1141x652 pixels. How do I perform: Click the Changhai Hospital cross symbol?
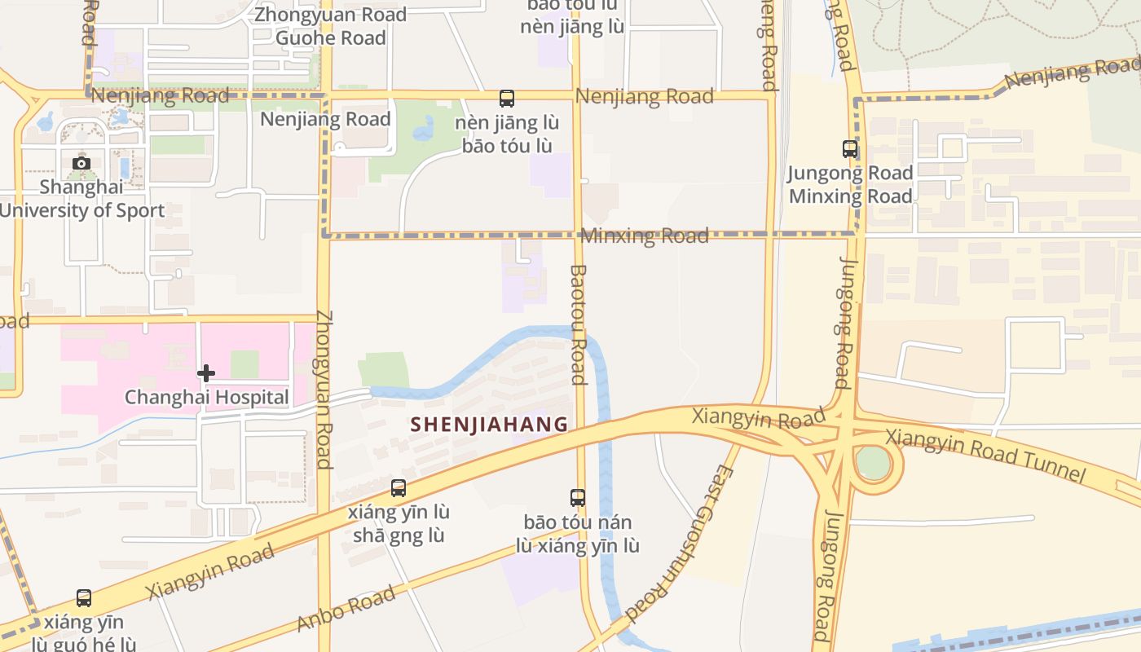coord(206,373)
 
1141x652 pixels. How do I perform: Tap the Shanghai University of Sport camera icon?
coord(81,163)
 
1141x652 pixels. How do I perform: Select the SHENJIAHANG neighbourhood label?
coord(489,425)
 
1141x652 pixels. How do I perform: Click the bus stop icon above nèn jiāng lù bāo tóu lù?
coord(507,99)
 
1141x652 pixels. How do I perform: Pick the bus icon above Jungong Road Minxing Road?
coord(850,149)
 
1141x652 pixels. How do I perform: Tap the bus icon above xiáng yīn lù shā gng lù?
coord(399,488)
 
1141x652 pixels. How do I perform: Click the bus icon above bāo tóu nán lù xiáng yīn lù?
coord(578,497)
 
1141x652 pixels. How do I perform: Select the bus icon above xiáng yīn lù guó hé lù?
coord(84,598)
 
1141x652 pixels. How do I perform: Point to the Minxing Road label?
coord(645,236)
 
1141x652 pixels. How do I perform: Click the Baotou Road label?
coord(578,324)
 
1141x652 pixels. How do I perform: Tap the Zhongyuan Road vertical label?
coord(324,390)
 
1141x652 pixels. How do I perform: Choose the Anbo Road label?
coord(346,608)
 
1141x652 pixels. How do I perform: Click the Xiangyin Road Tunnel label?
coord(985,456)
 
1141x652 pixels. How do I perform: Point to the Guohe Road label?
coord(330,37)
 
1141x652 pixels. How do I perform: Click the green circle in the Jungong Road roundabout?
coord(873,464)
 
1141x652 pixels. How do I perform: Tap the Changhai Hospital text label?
coord(206,398)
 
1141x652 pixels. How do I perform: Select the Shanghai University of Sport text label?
coord(81,199)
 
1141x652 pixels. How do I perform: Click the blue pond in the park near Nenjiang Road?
coord(425,130)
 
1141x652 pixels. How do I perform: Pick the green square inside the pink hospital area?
coord(244,364)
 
